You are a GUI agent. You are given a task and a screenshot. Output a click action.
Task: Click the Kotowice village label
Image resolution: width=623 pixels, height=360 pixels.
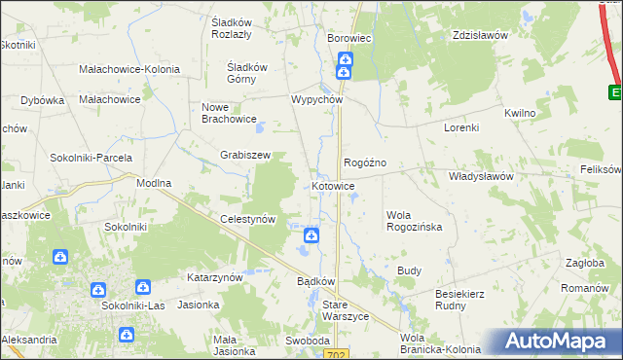tap(333, 186)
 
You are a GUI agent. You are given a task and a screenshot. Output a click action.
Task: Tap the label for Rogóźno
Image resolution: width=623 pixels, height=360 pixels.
tap(365, 162)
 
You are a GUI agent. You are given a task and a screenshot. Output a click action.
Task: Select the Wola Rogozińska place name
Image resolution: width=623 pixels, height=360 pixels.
tap(414, 220)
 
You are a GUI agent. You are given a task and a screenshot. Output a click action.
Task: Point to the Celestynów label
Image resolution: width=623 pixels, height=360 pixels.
tap(248, 220)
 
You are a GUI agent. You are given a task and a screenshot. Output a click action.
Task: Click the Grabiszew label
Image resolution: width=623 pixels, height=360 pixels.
tap(244, 155)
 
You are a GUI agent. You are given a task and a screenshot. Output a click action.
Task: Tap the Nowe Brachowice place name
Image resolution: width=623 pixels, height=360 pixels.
tap(228, 113)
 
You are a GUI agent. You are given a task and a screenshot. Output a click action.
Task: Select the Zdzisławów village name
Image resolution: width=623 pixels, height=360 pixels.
tap(481, 35)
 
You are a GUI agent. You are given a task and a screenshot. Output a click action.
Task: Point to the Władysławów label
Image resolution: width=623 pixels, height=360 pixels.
tap(480, 177)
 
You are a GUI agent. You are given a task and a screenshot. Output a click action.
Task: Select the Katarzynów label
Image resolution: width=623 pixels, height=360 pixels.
tap(214, 277)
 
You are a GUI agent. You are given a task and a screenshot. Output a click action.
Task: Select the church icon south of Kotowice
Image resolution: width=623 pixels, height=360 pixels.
tap(311, 235)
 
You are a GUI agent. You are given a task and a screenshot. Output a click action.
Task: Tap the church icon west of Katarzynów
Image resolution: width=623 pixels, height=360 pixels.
tap(143, 288)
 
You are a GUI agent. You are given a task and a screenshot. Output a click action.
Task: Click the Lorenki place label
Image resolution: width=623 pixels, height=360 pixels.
tap(461, 127)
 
